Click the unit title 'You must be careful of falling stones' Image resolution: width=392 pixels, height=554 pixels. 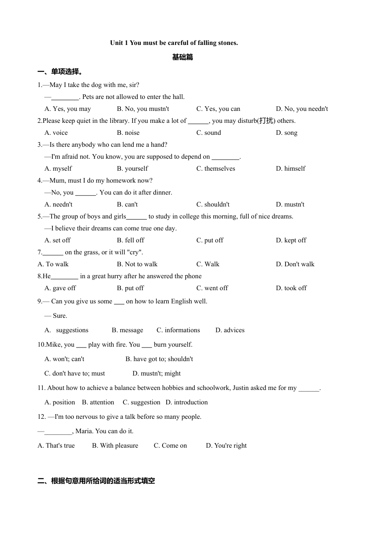[x=174, y=43]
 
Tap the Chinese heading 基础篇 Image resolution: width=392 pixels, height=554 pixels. [x=182, y=57]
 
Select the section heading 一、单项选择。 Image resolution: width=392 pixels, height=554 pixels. [x=60, y=72]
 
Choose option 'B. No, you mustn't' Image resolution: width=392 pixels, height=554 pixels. [x=143, y=109]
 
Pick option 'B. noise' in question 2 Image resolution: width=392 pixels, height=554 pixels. [x=128, y=133]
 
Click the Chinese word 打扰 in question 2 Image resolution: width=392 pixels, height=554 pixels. [x=266, y=121]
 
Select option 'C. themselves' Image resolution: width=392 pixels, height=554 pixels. [x=215, y=169]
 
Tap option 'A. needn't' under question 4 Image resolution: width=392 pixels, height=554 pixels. [x=58, y=204]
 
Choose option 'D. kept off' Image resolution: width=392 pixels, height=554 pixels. [x=291, y=240]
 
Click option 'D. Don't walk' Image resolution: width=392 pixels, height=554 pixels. [x=295, y=264]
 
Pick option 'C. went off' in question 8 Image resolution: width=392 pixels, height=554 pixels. [x=212, y=288]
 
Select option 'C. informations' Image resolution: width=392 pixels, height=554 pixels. [x=178, y=330]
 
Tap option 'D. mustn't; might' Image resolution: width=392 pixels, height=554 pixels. [x=156, y=373]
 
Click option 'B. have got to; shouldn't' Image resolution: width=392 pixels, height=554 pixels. [x=159, y=359]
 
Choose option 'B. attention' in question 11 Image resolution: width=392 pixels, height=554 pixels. [x=98, y=402]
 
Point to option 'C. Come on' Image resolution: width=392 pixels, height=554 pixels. [x=170, y=446]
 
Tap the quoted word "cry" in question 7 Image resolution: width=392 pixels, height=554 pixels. [x=134, y=252]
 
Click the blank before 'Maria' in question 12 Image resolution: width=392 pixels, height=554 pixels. [x=58, y=432]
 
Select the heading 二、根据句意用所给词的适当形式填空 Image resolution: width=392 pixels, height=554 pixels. [x=96, y=481]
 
